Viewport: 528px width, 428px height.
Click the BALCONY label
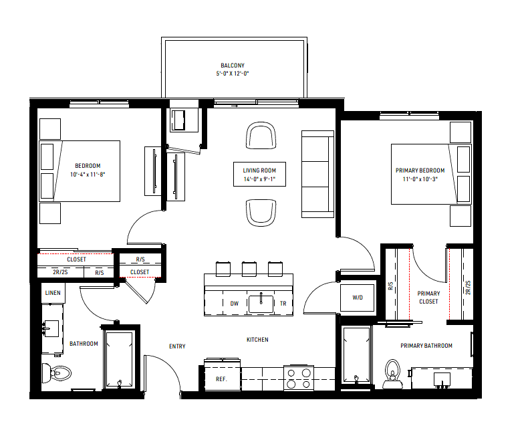(x=233, y=66)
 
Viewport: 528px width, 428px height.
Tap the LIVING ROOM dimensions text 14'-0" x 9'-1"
(x=259, y=179)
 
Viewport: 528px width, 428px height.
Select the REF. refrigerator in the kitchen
(x=223, y=374)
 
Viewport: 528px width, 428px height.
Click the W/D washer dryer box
(x=358, y=298)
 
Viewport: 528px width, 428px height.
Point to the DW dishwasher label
(x=235, y=304)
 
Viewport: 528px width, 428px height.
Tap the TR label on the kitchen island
(x=283, y=304)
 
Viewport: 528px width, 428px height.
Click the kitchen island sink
(x=261, y=304)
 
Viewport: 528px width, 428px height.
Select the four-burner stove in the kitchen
(x=299, y=378)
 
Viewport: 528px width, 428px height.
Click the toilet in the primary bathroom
(x=392, y=374)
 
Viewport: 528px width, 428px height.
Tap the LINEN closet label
(x=53, y=292)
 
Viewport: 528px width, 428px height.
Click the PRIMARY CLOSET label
(x=428, y=297)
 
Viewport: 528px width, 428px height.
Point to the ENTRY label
(x=177, y=346)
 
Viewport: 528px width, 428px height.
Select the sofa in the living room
(x=317, y=175)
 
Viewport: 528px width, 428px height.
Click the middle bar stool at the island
(x=249, y=269)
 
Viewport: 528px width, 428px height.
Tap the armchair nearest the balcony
(x=261, y=136)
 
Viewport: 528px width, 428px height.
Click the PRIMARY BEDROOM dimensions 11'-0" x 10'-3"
(x=420, y=179)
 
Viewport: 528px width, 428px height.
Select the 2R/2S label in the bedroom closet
(x=60, y=272)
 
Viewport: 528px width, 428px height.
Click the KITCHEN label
(x=257, y=340)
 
